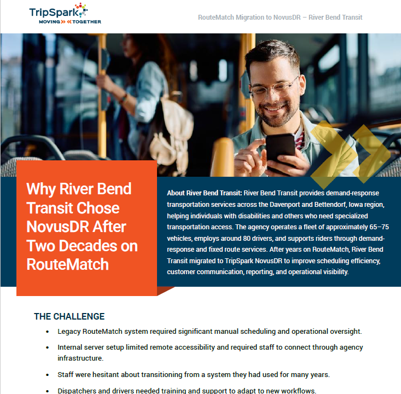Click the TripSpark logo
65,14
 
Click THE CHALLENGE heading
69,316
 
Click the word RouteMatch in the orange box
68,264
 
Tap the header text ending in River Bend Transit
280,18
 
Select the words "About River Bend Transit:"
205,193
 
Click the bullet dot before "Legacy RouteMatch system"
47,332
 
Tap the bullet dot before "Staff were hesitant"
47,375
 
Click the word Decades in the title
89,246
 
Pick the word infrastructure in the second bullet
80,358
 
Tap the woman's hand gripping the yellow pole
103,82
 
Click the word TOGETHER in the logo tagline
86,22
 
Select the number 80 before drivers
247,239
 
